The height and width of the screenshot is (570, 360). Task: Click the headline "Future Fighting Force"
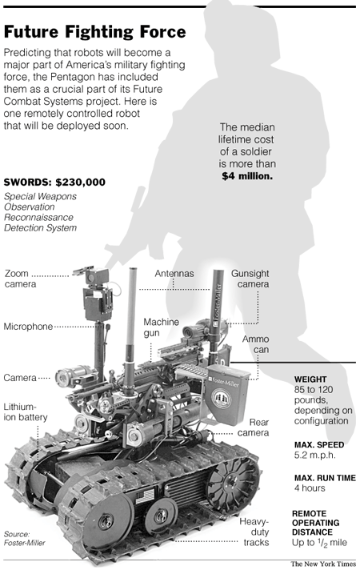point(95,32)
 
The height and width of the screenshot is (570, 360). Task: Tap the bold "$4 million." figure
point(247,176)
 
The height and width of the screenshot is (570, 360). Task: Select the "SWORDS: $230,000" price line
point(54,182)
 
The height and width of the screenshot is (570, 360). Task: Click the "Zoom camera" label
point(20,279)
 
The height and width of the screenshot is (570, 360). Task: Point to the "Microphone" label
point(28,327)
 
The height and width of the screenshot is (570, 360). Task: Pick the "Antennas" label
point(174,273)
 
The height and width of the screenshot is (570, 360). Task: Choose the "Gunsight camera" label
point(250,279)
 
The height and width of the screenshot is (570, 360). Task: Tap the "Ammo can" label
point(256,344)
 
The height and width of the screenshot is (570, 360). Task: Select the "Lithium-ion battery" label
point(26,411)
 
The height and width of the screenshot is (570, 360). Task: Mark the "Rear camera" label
point(254,427)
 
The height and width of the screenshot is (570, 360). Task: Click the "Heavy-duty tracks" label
point(254,532)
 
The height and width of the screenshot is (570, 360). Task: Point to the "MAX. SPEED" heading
point(319,444)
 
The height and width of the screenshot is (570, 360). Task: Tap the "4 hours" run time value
point(310,488)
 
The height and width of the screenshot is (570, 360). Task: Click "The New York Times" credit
point(323,564)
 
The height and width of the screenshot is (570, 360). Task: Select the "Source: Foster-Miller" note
point(24,538)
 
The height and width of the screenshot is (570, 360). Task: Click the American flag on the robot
point(145,496)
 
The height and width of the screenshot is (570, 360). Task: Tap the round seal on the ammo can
point(222,399)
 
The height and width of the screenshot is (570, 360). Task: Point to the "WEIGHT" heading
point(310,379)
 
